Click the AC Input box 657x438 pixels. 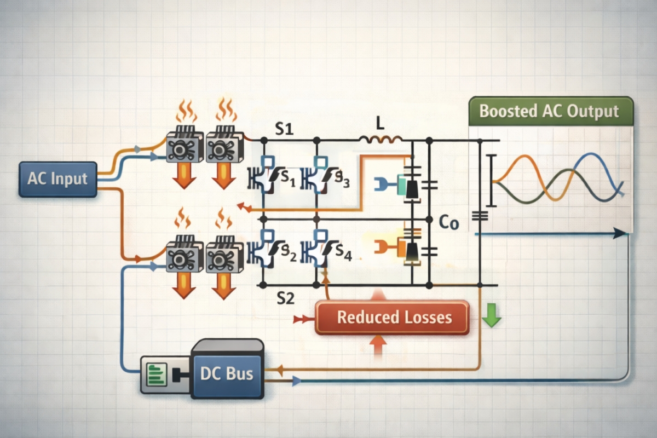point(58,179)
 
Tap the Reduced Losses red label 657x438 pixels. point(392,317)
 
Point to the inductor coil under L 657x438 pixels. point(381,141)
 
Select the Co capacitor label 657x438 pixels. point(449,223)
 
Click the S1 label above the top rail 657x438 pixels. point(284,130)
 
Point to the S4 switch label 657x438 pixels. point(343,252)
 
